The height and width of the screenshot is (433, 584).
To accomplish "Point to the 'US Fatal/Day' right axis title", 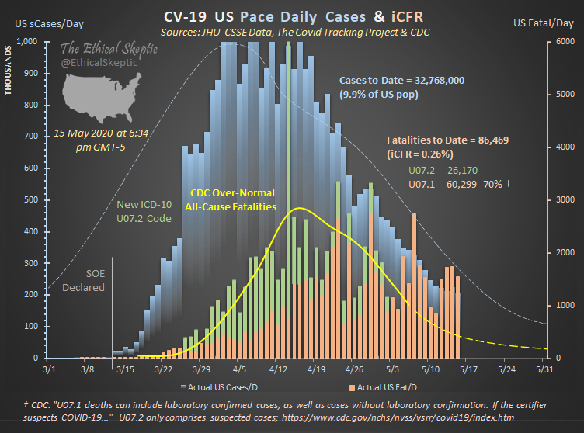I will click(x=541, y=24).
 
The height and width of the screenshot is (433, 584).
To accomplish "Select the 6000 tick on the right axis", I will click(x=562, y=42).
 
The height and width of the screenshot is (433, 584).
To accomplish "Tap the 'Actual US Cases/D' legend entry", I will click(x=224, y=386).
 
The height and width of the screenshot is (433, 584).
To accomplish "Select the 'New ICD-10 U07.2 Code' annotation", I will click(x=144, y=211).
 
